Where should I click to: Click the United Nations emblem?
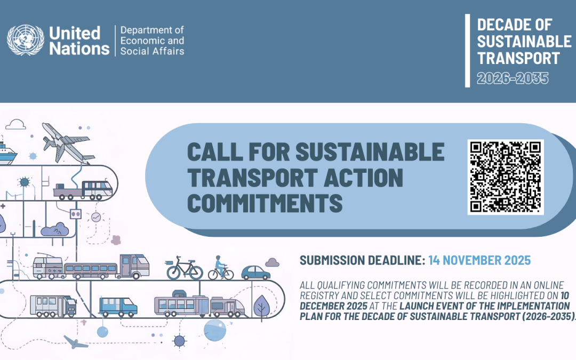25,41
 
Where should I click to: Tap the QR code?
505,177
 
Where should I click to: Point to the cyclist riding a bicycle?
220,268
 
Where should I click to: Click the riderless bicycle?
185,269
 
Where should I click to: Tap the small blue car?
255,273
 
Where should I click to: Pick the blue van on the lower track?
118,306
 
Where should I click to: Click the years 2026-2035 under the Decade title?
512,78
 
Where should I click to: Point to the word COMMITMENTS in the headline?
265,203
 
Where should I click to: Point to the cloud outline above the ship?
16,124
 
